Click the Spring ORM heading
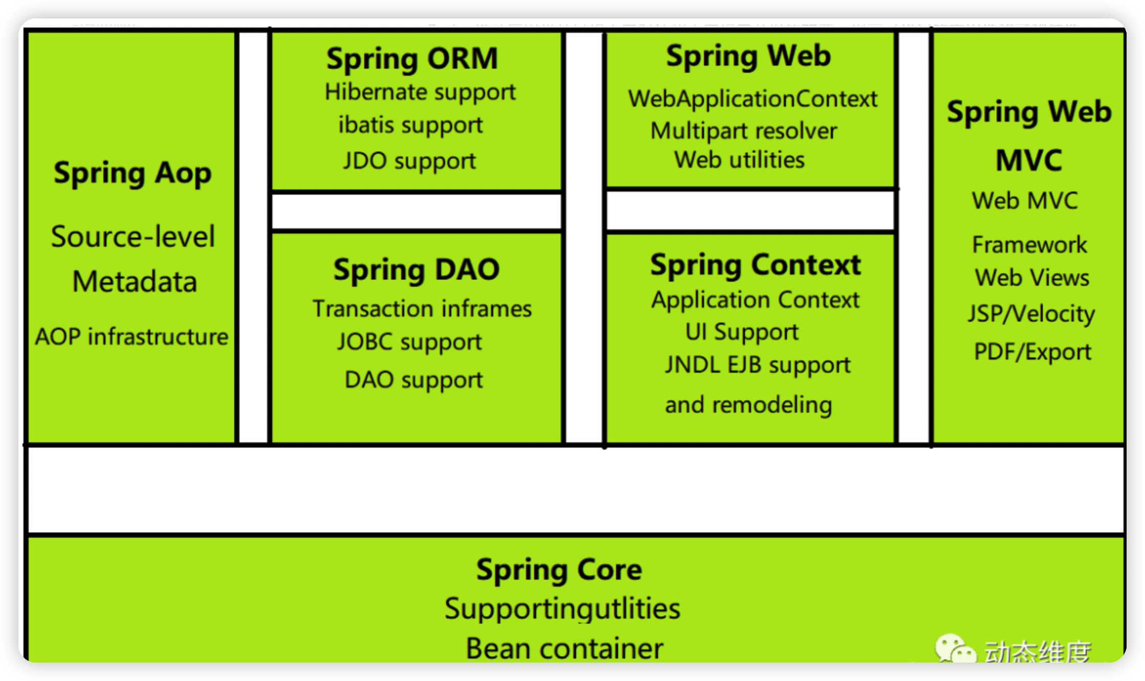(412, 58)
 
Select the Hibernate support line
(420, 93)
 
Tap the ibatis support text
(410, 125)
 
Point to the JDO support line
(409, 161)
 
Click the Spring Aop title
(133, 173)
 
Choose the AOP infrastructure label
(131, 336)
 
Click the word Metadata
(135, 282)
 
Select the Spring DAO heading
(416, 269)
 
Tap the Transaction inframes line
(422, 309)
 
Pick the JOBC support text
(409, 342)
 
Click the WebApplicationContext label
(753, 99)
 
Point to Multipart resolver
(743, 131)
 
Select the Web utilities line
(739, 160)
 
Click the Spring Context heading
(756, 265)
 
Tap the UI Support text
(742, 332)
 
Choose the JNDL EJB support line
(758, 365)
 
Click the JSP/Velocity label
(1031, 313)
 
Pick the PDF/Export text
(1032, 352)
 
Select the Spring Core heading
(559, 569)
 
